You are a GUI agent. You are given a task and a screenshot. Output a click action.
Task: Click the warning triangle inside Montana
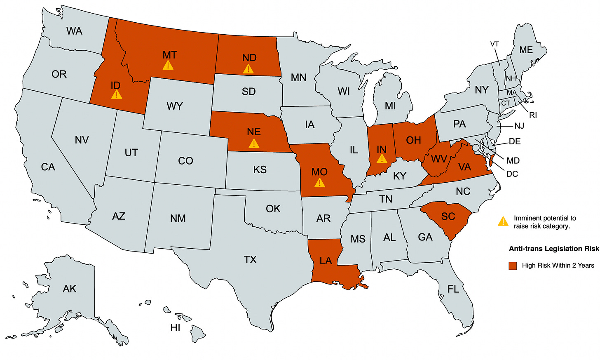[x=168, y=65]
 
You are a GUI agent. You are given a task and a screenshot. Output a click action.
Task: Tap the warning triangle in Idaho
[x=117, y=94]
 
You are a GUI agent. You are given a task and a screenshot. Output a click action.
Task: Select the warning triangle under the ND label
[x=248, y=68]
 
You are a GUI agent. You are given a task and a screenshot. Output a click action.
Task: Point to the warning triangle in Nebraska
[x=254, y=143]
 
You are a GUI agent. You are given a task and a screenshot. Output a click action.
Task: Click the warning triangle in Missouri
[x=319, y=182]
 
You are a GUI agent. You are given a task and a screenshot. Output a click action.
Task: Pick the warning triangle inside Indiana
[x=382, y=158]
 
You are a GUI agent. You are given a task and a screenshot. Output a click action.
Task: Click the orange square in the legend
[x=513, y=266]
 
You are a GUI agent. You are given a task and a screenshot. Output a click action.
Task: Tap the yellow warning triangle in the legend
[x=503, y=221]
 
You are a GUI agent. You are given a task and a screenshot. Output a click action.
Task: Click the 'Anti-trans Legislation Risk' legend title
[x=554, y=249]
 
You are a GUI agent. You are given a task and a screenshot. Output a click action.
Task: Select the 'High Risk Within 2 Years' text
[x=558, y=266]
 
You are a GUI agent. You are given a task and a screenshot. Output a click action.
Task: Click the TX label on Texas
[x=250, y=259]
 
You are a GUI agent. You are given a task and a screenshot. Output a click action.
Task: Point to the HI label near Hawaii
[x=175, y=328]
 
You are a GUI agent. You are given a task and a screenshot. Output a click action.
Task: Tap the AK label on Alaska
[x=70, y=289]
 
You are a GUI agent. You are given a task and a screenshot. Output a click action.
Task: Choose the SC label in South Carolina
[x=448, y=216]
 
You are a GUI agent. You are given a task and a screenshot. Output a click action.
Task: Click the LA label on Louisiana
[x=326, y=261]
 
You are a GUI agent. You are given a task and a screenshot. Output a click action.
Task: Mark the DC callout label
[x=512, y=174]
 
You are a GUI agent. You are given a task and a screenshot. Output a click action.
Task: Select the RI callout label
[x=533, y=115]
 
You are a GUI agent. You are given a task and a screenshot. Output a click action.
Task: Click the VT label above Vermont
[x=495, y=44]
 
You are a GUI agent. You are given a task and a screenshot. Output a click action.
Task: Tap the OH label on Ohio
[x=413, y=140]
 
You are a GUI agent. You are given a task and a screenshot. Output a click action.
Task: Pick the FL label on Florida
[x=453, y=289]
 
